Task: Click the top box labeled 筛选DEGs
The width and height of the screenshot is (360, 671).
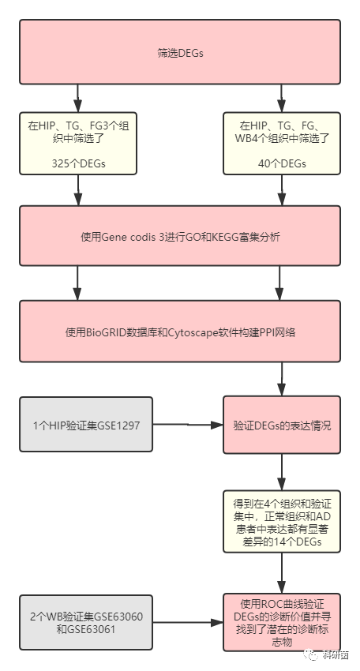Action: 180,52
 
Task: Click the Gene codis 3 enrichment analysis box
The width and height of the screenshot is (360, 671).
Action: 180,236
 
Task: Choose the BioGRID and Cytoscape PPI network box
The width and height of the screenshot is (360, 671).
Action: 180,332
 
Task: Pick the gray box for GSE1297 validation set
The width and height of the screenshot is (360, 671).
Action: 85,425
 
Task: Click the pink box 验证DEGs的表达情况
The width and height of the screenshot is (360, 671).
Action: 281,425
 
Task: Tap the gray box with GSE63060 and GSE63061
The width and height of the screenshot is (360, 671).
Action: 85,622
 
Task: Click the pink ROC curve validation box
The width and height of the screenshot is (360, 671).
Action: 281,622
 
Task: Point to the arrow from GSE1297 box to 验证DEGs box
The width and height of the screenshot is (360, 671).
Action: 187,425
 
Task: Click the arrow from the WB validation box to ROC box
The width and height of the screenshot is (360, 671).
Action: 187,622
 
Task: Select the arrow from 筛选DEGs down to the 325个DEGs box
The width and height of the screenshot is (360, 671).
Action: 78,97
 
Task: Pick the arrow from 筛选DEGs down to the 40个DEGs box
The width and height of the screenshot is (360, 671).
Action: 281,97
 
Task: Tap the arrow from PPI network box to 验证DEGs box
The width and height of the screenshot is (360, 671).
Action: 281,380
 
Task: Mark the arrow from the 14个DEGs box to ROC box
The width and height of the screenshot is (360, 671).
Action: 281,573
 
